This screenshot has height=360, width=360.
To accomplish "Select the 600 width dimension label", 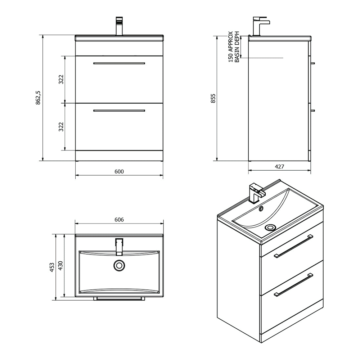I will [x=119, y=172].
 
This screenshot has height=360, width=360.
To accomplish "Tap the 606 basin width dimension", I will [x=119, y=220].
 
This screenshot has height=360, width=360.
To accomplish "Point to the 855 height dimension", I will [x=213, y=98].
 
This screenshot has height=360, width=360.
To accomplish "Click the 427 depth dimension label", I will [x=280, y=167].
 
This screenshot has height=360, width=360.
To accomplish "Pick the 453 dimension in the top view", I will [x=52, y=267].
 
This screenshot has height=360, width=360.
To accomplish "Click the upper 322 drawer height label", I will [x=61, y=79].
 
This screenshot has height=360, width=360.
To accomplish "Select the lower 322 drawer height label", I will [x=61, y=126].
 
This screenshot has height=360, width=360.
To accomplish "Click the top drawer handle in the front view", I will [x=119, y=63].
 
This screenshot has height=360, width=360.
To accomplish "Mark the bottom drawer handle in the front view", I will [x=119, y=111].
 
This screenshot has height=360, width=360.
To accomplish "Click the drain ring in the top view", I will [x=119, y=266].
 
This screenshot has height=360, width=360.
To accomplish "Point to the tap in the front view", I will [x=119, y=26].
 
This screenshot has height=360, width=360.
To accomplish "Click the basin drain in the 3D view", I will [x=270, y=227].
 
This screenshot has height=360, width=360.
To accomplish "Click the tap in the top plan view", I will [x=119, y=246].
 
